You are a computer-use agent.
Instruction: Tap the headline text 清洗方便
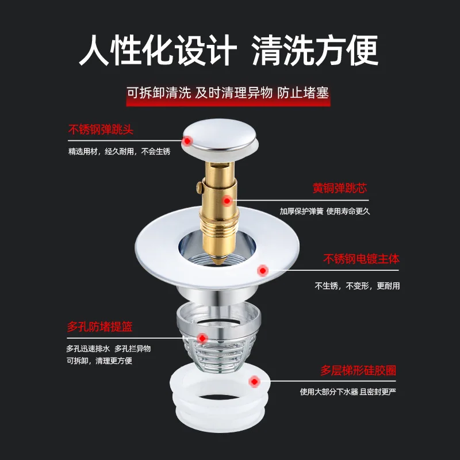pos(315,50)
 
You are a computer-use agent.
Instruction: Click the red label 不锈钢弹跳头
pos(101,130)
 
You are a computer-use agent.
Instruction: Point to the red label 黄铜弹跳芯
pos(339,189)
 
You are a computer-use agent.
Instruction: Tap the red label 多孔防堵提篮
pos(99,327)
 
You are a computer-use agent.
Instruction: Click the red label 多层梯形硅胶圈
pos(358,370)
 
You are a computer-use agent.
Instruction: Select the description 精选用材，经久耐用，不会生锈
pos(119,152)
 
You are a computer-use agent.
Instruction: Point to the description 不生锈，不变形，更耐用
pos(356,286)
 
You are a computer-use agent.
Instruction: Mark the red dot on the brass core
pos(228,201)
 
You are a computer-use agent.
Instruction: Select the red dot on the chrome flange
pos(263,269)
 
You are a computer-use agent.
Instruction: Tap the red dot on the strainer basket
pos(202,338)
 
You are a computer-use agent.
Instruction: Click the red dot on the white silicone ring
pos(254,381)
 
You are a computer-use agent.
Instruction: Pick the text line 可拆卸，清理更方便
pos(99,361)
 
